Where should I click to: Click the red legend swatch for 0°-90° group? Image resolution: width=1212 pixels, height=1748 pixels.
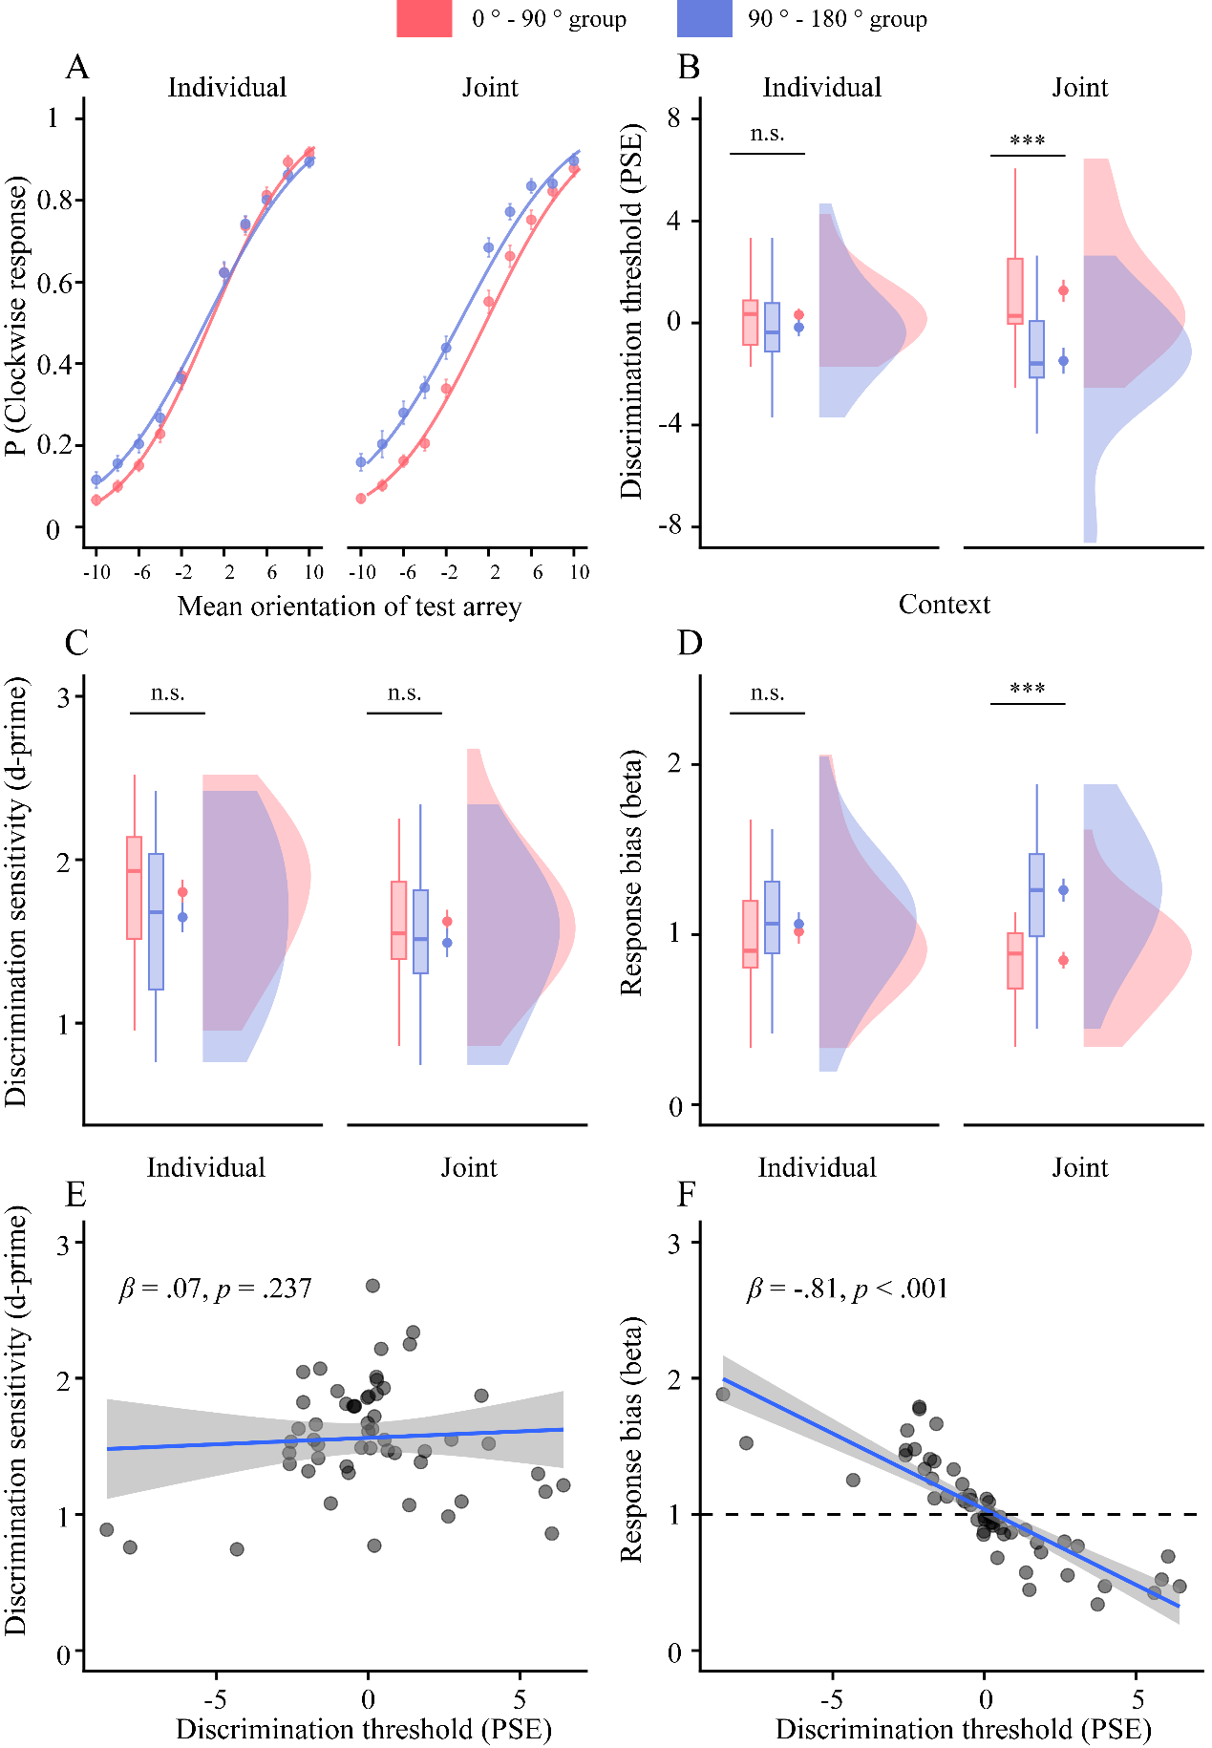point(424,19)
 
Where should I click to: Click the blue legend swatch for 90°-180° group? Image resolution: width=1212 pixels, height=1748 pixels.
point(704,19)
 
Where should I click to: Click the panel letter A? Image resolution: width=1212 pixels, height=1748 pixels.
point(77,68)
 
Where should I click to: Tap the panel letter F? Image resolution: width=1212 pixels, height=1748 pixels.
point(686,1195)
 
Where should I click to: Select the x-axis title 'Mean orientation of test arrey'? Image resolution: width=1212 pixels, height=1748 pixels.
point(350,607)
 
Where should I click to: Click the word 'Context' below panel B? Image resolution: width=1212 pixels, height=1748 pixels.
point(945,605)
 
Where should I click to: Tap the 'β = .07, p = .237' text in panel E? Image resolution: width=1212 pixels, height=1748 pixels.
point(216,1290)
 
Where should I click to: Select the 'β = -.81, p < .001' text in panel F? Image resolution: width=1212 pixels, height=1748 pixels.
point(847,1290)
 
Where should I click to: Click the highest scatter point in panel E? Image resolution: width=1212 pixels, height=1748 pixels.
point(372,1286)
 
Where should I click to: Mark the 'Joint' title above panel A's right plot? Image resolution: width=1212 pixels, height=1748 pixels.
point(490,88)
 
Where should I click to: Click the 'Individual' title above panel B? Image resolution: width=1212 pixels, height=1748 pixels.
point(821,88)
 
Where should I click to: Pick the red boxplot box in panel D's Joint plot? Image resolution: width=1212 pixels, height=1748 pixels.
point(1015,961)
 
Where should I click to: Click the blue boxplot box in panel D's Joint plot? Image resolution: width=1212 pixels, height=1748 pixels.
point(1036,895)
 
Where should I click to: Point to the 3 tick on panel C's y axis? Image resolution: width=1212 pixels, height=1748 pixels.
point(65,697)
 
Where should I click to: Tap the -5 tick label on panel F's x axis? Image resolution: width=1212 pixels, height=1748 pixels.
point(832,1700)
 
